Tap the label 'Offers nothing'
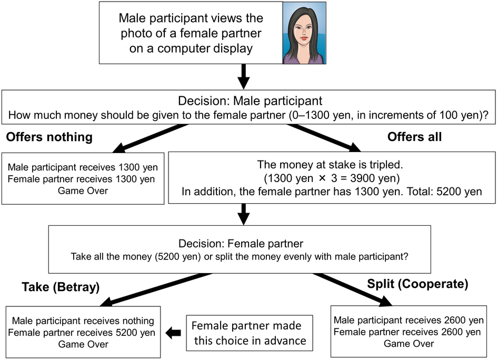[49, 137]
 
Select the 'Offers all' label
[414, 137]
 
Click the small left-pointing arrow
[174, 333]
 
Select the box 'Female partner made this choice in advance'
[250, 333]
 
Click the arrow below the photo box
[243, 77]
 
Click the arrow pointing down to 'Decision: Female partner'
[243, 214]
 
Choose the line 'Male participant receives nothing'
[83, 321]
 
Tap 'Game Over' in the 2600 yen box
[409, 344]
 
